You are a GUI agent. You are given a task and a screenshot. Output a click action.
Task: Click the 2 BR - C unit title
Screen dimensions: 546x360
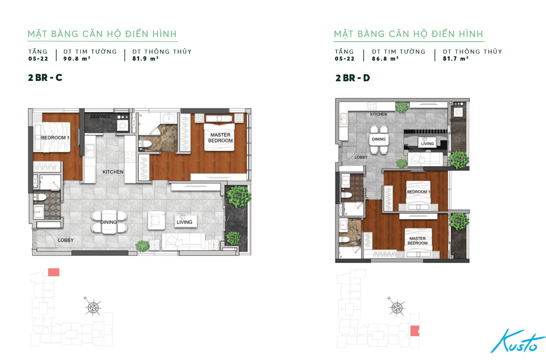tap(45, 78)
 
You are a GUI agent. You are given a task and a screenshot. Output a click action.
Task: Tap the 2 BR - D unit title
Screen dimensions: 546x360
tap(352, 78)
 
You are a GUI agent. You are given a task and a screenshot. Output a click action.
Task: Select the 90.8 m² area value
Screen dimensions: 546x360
tap(77, 59)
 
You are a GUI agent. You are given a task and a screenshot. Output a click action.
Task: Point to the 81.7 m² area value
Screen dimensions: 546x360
tap(455, 59)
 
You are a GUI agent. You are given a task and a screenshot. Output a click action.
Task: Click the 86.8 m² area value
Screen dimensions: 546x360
tap(385, 59)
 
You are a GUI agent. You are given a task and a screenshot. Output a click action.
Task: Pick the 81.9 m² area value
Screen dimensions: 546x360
tap(145, 59)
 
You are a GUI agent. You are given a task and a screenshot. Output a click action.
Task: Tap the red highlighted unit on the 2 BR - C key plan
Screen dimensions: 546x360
tap(54, 272)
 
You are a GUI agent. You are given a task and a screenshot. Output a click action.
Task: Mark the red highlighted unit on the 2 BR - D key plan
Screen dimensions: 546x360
tap(415, 331)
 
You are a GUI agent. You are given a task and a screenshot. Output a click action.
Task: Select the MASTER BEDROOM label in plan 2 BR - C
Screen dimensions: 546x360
tap(220, 138)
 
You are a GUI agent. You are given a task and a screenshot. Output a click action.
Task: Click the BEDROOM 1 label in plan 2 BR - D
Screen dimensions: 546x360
tap(419, 192)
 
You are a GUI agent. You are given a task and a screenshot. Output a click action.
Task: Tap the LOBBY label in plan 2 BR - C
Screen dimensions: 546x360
tap(66, 240)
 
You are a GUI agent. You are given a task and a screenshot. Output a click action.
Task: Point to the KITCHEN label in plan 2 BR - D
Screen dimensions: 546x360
tap(379, 114)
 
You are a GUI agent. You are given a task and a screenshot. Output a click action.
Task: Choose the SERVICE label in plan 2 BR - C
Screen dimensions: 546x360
tap(100, 117)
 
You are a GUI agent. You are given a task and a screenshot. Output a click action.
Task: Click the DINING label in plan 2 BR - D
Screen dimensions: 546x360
tap(379, 139)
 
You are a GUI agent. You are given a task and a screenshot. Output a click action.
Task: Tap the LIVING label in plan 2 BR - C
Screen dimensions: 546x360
tap(185, 222)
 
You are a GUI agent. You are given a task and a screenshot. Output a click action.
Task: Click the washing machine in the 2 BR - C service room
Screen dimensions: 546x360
tap(122, 126)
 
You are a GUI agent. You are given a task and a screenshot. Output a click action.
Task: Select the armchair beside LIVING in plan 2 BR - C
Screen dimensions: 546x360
tap(156, 220)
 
